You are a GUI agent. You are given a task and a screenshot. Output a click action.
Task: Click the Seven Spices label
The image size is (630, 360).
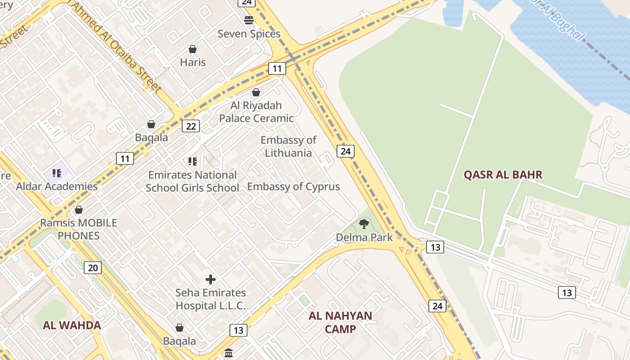tap(249, 34)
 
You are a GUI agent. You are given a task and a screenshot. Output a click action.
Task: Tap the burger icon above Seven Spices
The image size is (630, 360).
tap(249, 20)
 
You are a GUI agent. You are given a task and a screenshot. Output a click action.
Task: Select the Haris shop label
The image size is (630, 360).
tap(193, 62)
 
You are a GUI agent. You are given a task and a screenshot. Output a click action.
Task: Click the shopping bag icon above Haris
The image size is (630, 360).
tap(193, 49)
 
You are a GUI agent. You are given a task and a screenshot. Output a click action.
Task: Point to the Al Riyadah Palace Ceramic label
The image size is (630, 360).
tap(256, 112)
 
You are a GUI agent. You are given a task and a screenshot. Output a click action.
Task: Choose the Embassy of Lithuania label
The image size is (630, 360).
tap(288, 146)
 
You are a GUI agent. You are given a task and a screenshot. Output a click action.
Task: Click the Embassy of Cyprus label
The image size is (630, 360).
tap(293, 186)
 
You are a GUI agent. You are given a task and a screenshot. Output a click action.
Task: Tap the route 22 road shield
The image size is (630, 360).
tap(191, 126)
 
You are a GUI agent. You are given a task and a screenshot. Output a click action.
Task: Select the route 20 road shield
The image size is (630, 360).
tap(93, 268)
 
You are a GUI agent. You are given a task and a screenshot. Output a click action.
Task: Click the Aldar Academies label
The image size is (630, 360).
tap(57, 186)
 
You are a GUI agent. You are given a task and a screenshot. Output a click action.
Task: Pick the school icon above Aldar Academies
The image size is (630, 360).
tap(57, 173)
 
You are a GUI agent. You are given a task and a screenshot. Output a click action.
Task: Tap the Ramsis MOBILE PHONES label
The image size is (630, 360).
tap(79, 229)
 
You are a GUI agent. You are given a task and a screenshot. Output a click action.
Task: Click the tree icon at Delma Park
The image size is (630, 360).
tap(364, 224)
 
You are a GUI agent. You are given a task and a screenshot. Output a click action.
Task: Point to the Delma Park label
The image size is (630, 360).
tap(364, 237)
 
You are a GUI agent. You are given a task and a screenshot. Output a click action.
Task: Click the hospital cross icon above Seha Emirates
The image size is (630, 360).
tap(210, 279)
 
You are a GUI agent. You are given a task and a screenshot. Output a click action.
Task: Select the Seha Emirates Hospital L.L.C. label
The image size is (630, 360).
tap(211, 299)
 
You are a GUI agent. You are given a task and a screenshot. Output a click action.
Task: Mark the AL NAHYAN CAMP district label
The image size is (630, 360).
tap(340, 322)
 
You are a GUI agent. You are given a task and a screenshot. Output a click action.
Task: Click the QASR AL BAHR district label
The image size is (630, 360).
tap(503, 175)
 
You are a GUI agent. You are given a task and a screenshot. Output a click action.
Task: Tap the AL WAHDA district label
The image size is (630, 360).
tap(72, 325)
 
